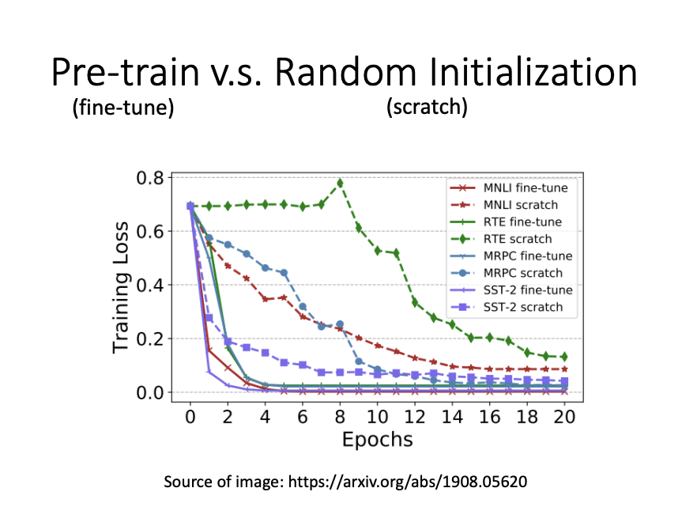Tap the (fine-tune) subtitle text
pyautogui.click(x=122, y=109)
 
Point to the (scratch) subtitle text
pyautogui.click(x=427, y=107)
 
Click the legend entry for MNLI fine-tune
pyautogui.click(x=524, y=187)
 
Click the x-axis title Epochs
pyautogui.click(x=377, y=439)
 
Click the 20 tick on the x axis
pyautogui.click(x=565, y=416)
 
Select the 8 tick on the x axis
pyautogui.click(x=340, y=416)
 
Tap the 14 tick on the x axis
pyautogui.click(x=452, y=416)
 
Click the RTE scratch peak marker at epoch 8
pyautogui.click(x=340, y=183)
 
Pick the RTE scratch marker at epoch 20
pyautogui.click(x=565, y=357)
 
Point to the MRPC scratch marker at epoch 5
pyautogui.click(x=284, y=273)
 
